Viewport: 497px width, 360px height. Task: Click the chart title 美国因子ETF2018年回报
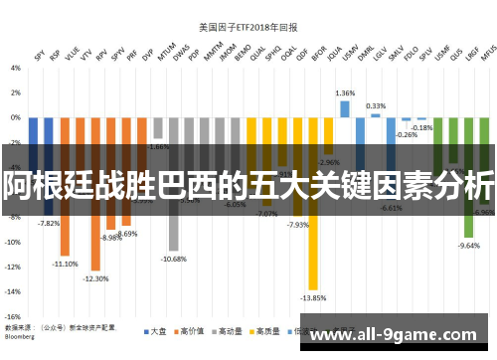click(249, 28)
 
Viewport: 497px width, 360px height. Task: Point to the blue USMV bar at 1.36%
click(345, 108)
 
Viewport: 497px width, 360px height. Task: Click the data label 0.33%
click(376, 105)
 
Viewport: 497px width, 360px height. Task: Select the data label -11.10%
click(66, 264)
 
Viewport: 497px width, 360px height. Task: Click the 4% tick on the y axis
click(15, 68)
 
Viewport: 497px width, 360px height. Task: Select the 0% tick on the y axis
click(15, 117)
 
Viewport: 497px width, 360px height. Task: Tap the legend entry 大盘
click(154, 331)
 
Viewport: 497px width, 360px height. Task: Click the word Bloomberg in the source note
click(23, 333)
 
